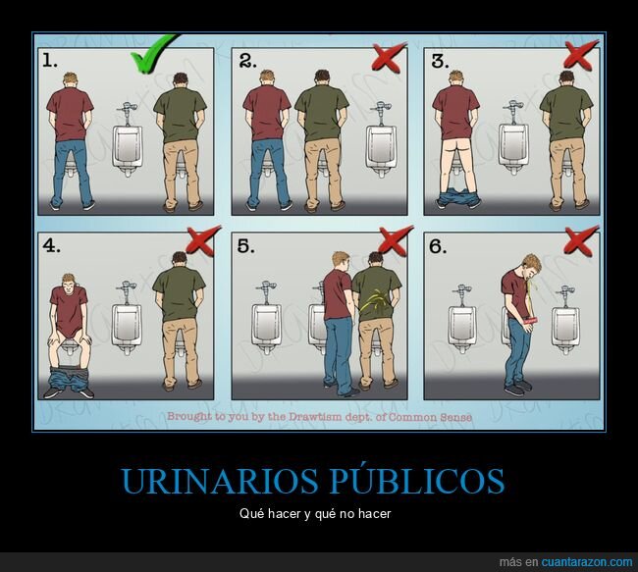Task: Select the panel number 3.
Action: click(x=443, y=60)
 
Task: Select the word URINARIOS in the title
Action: click(x=208, y=482)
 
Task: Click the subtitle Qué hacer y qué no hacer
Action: click(x=319, y=513)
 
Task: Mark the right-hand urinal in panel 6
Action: click(x=563, y=327)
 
